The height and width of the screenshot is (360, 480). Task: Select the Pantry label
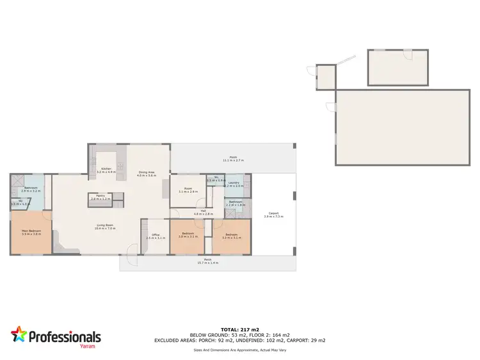pos(101,196)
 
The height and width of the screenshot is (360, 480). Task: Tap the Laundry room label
pos(234,183)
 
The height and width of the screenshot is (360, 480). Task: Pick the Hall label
pos(203,210)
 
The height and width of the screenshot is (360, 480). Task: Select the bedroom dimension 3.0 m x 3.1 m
pos(188,236)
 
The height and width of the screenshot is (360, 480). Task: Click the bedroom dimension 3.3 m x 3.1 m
pos(231,236)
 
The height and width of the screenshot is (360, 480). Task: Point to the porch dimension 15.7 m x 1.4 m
pos(208,263)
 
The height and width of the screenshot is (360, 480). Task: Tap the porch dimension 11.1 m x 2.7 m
pos(233,160)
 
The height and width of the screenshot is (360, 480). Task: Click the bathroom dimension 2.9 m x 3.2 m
pos(31,191)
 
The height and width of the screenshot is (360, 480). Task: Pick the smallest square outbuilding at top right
pos(326,77)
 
